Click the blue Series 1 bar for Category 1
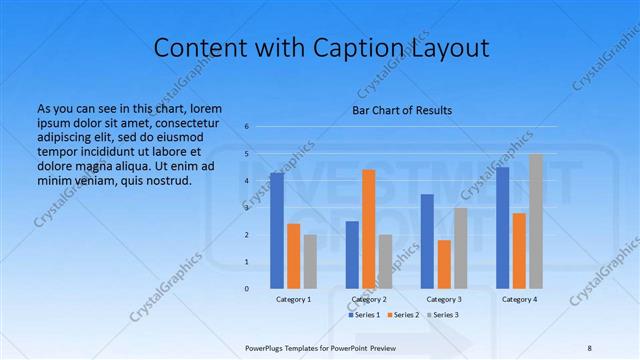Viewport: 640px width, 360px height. click(x=277, y=230)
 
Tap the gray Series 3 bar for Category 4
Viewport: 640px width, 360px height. click(x=536, y=221)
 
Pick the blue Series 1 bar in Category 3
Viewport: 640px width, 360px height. click(x=427, y=241)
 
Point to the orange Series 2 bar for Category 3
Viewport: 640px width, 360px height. click(x=444, y=264)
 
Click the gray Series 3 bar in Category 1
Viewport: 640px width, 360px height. click(x=310, y=261)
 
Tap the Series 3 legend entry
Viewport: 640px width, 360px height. click(x=443, y=315)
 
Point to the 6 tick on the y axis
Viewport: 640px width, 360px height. click(x=247, y=127)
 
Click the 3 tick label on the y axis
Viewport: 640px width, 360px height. click(x=247, y=208)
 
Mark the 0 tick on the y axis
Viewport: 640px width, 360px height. click(x=247, y=289)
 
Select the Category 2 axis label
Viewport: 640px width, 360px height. click(x=369, y=300)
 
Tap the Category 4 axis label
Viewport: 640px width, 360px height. click(x=519, y=300)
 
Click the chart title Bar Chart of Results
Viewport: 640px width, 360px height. click(x=402, y=110)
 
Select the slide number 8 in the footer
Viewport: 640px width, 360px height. click(x=590, y=347)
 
